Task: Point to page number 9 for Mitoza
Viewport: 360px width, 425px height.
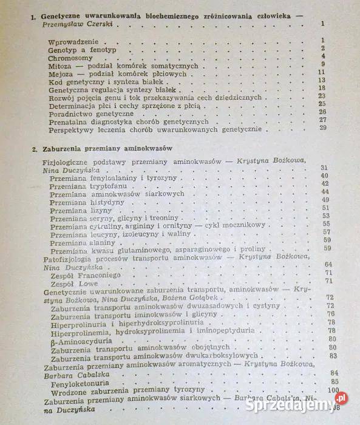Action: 324,64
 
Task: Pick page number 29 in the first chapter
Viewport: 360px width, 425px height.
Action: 322,128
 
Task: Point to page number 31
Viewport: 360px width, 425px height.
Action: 324,168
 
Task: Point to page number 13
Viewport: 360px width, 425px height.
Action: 322,80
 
